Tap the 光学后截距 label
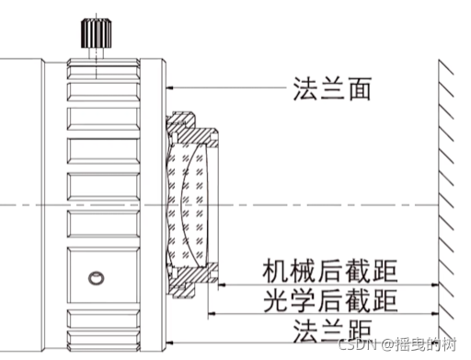pos(329,299)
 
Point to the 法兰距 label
pos(331,329)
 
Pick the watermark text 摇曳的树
pos(429,344)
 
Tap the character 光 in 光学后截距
pos(274,299)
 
